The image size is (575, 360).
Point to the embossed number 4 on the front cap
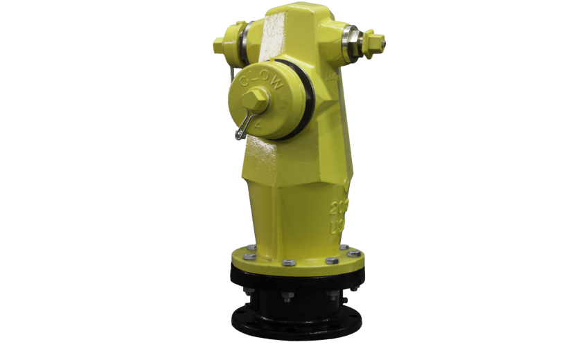click(258, 127)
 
